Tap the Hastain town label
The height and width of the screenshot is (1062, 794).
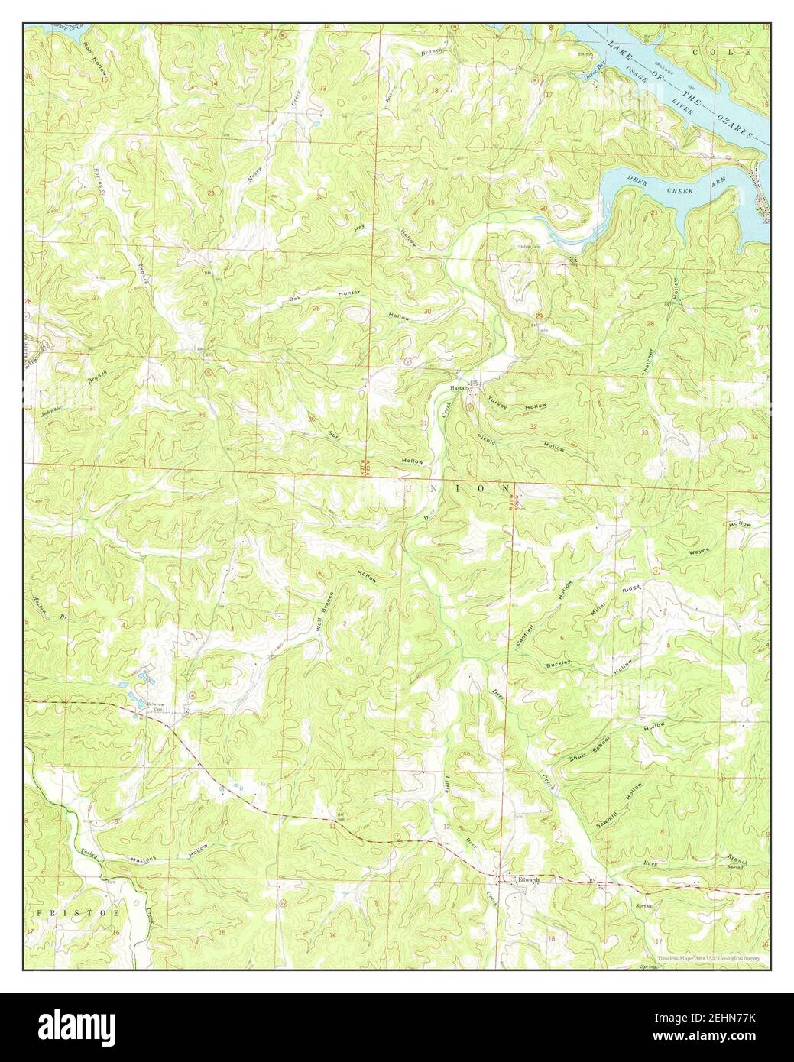pyautogui.click(x=459, y=387)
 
